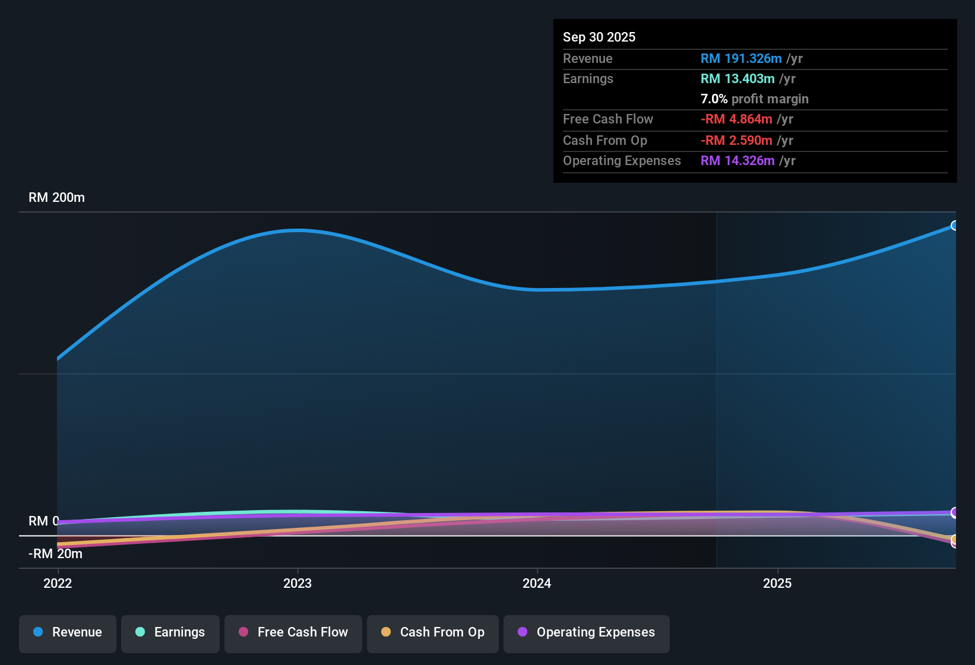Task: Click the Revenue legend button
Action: [68, 632]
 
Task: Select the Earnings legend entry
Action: [170, 632]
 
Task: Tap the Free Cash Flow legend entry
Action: [293, 632]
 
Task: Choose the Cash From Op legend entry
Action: [433, 632]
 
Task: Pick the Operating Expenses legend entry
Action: [587, 632]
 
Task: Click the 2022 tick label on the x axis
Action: [58, 583]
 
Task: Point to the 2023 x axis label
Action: [297, 583]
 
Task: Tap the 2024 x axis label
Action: [537, 583]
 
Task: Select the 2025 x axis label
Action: [777, 583]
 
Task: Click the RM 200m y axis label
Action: [56, 198]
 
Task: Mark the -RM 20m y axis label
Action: [55, 554]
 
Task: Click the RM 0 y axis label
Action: [43, 521]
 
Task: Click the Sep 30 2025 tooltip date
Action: [599, 37]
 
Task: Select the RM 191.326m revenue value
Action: [741, 59]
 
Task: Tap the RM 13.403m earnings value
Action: [737, 79]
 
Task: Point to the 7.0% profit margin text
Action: [754, 99]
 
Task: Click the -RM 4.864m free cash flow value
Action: [736, 119]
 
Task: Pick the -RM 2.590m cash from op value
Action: [736, 141]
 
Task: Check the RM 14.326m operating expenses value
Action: [737, 161]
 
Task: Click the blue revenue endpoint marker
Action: [954, 226]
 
